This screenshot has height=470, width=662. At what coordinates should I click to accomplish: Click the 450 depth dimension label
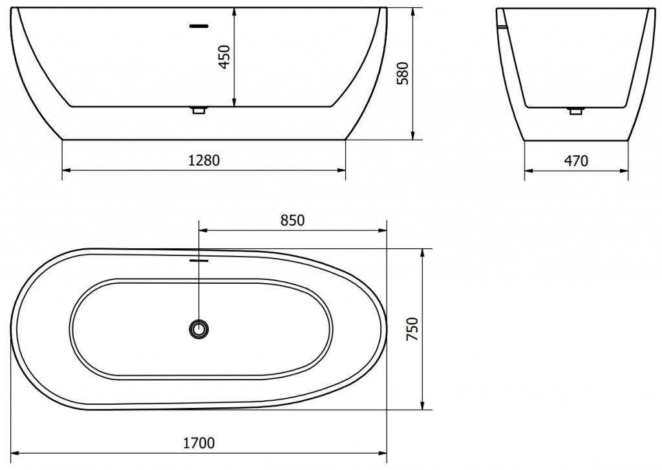224,58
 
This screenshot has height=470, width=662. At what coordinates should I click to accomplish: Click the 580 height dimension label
401,73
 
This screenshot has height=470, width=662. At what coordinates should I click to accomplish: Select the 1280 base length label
204,160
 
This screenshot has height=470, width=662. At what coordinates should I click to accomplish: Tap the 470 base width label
577,161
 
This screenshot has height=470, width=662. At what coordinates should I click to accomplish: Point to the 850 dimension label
292,220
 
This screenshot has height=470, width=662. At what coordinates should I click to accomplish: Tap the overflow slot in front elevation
198,27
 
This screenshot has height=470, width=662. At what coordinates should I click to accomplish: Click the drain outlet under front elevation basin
198,111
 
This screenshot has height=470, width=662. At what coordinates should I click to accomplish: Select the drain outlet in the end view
575,111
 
